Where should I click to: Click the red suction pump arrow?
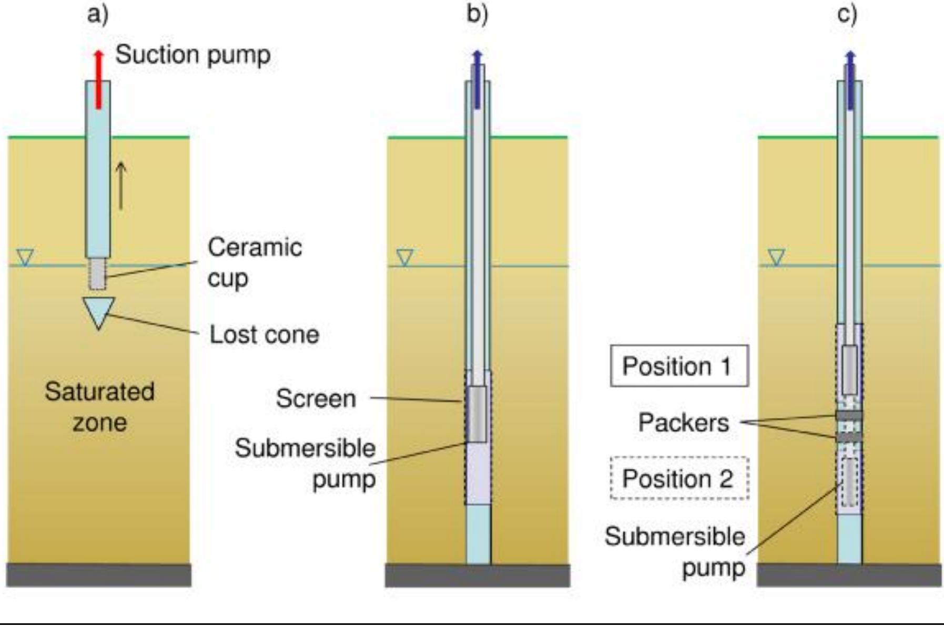coord(98,79)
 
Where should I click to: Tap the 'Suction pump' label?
coord(193,55)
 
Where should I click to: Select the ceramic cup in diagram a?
coord(97,273)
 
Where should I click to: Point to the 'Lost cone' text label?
coord(264,334)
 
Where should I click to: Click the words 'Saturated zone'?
coord(99,407)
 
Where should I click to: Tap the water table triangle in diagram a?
coord(25,257)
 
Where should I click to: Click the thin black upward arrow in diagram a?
coord(121,186)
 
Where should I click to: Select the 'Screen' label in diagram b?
coord(316,398)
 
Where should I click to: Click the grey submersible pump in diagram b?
coord(477,414)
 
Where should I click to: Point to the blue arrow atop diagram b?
coord(477,79)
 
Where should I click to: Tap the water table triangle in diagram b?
coord(404,258)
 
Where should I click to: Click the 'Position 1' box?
coord(679,366)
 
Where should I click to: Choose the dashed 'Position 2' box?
coord(679,478)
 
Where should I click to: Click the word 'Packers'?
coord(684,423)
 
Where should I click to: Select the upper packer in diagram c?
coord(849,416)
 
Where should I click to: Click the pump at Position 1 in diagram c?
coord(849,370)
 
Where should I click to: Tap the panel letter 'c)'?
coord(847,14)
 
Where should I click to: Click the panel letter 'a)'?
coord(98,14)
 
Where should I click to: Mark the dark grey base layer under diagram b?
coord(478,575)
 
